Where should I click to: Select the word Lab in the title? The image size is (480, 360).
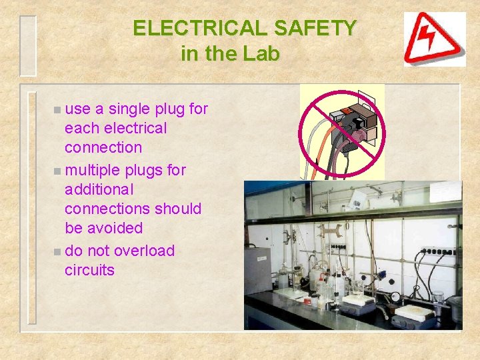(263, 54)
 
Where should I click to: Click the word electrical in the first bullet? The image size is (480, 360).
(131, 128)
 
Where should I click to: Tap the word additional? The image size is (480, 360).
(99, 189)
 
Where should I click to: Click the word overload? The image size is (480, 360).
(144, 251)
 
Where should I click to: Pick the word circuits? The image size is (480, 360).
(89, 270)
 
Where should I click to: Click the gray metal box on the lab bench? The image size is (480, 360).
(257, 269)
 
